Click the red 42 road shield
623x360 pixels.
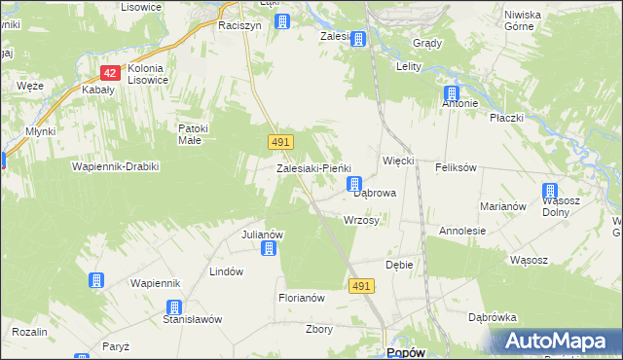click(x=110, y=73)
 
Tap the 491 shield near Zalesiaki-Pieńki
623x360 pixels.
click(x=279, y=142)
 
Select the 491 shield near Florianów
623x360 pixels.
click(x=361, y=285)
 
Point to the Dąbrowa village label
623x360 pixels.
click(x=375, y=194)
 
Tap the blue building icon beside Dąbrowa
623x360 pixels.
click(x=355, y=183)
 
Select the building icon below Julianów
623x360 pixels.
click(x=270, y=248)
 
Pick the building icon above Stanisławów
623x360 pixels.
click(x=172, y=307)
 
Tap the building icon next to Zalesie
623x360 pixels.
click(x=358, y=39)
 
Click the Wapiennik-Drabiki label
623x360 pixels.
click(x=115, y=166)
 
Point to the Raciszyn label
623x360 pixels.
click(x=239, y=26)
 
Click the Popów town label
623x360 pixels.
click(x=405, y=352)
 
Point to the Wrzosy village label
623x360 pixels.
click(x=361, y=221)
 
